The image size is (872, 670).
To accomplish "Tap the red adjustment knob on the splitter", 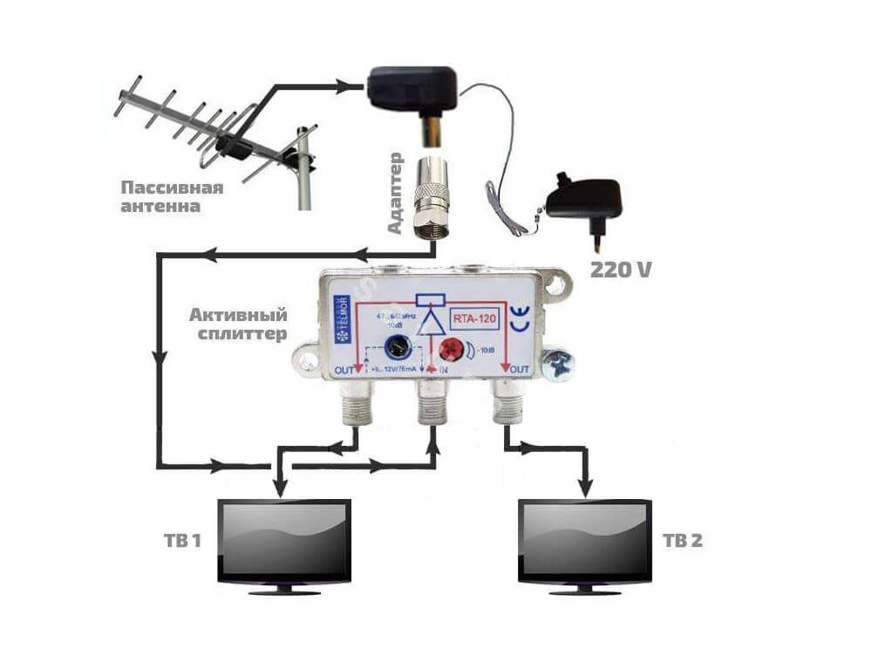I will pos(451,351).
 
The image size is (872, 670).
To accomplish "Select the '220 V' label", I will pos(621,270).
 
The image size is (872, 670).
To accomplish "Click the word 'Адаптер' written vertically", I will pos(395,192).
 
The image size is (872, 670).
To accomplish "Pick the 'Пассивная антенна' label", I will pos(172,197).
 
